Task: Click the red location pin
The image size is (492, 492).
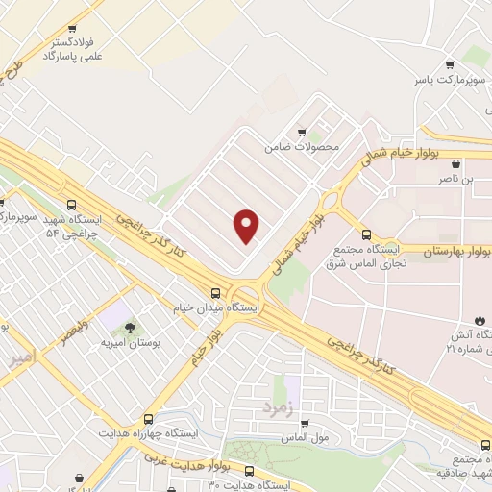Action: [x=248, y=226]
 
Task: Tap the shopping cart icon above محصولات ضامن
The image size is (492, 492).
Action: [x=302, y=133]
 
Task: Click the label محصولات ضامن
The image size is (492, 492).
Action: [x=304, y=148]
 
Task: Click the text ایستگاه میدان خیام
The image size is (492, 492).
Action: [x=217, y=308]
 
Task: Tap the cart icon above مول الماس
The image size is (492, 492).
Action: [x=304, y=423]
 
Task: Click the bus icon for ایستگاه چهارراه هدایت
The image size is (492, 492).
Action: [x=148, y=419]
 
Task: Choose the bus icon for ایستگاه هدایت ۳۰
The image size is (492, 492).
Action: [x=250, y=471]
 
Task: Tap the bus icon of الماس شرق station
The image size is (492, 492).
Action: [x=366, y=234]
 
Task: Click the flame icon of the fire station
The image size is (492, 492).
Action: [x=480, y=319]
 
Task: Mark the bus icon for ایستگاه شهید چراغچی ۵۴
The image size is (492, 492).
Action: [x=4, y=203]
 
